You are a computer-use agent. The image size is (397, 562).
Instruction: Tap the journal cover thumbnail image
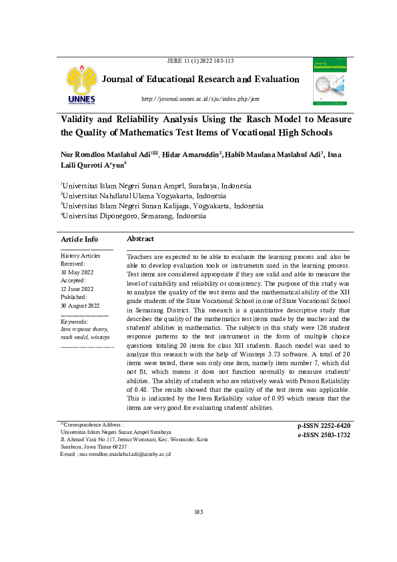pos(332,81)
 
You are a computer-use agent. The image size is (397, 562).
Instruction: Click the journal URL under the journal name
pos(200,99)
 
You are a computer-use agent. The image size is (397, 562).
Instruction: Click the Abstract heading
pos(140,239)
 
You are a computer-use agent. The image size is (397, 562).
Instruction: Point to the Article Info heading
pos(79,239)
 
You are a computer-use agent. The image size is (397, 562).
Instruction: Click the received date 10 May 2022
pos(77,272)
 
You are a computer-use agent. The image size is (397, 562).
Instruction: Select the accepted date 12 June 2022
pos(77,289)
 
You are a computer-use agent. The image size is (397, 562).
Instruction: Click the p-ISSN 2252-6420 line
pos(324,425)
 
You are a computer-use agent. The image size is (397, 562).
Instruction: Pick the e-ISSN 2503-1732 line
pos(324,435)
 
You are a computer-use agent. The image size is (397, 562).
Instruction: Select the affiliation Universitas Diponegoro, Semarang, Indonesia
pos(133,216)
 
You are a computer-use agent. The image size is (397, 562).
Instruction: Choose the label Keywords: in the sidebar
pos(74,322)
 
